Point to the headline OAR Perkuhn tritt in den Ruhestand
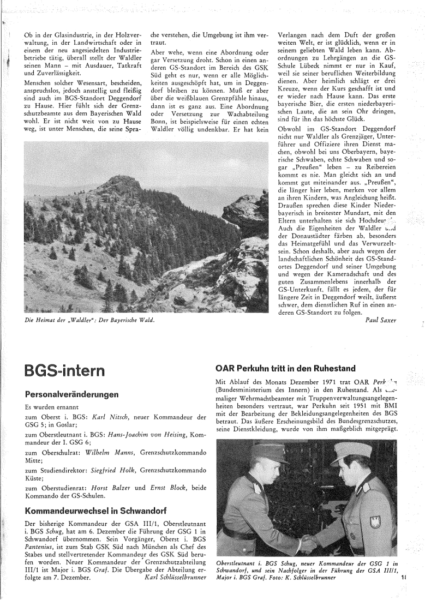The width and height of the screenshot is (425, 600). tap(285, 352)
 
